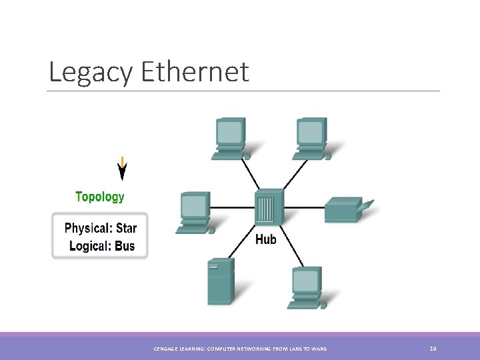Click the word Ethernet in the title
[195, 72]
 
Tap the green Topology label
[100, 197]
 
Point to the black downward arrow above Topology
[122, 169]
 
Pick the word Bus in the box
[124, 246]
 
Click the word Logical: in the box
[90, 246]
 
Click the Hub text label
[266, 239]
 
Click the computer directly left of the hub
[195, 212]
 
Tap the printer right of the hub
[347, 209]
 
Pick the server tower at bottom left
[220, 281]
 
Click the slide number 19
[433, 349]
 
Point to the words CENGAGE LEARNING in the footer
[177, 349]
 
